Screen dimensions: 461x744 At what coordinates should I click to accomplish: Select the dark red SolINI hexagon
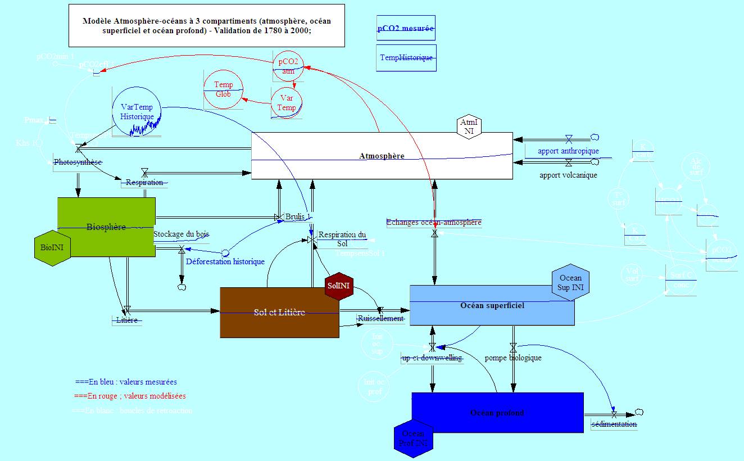[x=339, y=286]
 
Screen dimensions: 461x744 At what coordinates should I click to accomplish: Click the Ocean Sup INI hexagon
[x=571, y=282]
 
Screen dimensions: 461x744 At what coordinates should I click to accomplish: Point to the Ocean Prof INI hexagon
[x=414, y=439]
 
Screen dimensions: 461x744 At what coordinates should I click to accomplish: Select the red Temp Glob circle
[x=223, y=89]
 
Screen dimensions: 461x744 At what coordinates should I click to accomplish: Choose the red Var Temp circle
[x=287, y=103]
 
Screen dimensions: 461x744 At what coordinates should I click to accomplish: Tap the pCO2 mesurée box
[x=406, y=28]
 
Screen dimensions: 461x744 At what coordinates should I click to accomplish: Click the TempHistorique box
[x=406, y=57]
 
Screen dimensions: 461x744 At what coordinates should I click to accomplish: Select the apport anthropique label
[x=568, y=151]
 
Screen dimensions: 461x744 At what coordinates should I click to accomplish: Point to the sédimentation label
[x=614, y=424]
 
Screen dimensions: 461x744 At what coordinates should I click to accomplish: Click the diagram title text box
[x=206, y=26]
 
